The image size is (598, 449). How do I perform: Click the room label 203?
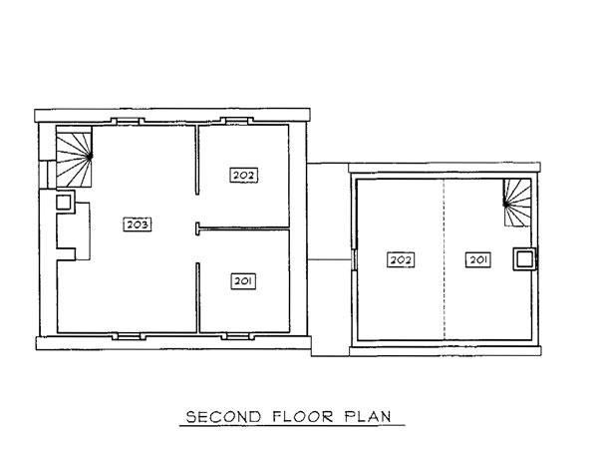tap(138, 224)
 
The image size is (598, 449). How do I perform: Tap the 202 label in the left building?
tap(244, 176)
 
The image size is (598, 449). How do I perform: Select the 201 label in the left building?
tap(243, 281)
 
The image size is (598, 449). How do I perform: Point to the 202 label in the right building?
tap(401, 260)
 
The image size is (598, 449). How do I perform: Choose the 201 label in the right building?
tap(477, 260)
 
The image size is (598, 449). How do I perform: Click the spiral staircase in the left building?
tap(74, 157)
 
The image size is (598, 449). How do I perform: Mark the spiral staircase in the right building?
tap(517, 203)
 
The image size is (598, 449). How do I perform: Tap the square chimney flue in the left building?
tap(64, 202)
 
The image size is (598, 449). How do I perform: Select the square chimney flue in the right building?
tap(524, 259)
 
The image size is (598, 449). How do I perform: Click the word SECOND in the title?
tap(223, 416)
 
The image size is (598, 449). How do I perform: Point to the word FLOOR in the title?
tap(303, 416)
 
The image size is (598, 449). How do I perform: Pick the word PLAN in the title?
tap(368, 416)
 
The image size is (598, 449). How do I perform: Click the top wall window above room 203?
tap(128, 122)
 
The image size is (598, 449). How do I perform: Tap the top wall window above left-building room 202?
tap(237, 121)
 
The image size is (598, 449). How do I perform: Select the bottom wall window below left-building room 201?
tap(238, 336)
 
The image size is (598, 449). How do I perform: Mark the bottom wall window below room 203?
tap(129, 336)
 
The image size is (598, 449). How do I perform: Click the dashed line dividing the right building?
tap(444, 259)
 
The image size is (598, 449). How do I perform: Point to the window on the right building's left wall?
tap(354, 259)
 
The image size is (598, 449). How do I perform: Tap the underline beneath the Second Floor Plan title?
tap(292, 425)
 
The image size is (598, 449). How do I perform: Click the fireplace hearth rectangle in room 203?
tap(83, 231)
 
